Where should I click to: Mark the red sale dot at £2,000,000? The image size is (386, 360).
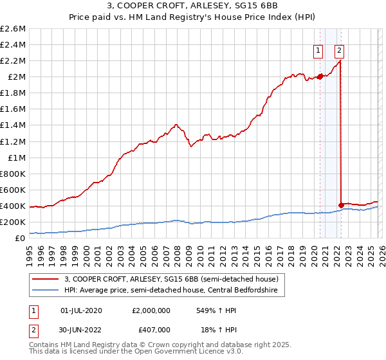click(x=320, y=76)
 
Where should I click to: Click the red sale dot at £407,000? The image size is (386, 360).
click(x=341, y=206)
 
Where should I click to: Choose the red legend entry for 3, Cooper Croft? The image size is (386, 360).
click(x=170, y=279)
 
